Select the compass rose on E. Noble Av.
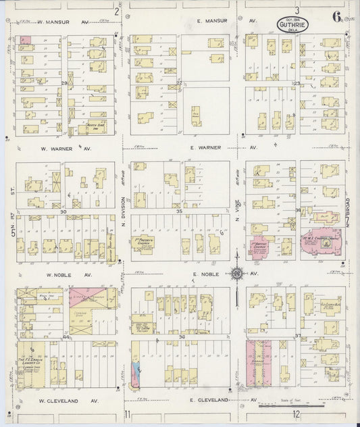pos(237,274)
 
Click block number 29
pos(65,83)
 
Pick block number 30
pos(63,211)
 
